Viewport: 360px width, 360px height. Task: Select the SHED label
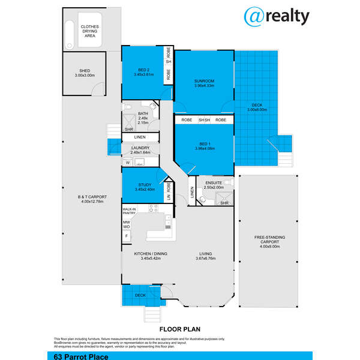[x=85, y=72]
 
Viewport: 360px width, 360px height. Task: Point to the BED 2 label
[x=143, y=71]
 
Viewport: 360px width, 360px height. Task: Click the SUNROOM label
[x=204, y=80]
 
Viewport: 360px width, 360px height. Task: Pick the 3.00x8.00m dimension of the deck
[x=257, y=110]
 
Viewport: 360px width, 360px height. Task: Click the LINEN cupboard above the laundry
[x=140, y=137]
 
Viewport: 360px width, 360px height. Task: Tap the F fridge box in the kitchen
[x=127, y=236]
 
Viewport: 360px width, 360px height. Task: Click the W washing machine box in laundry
[x=128, y=163]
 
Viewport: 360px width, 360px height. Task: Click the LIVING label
[x=206, y=254]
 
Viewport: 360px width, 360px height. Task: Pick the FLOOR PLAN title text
[x=179, y=329]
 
